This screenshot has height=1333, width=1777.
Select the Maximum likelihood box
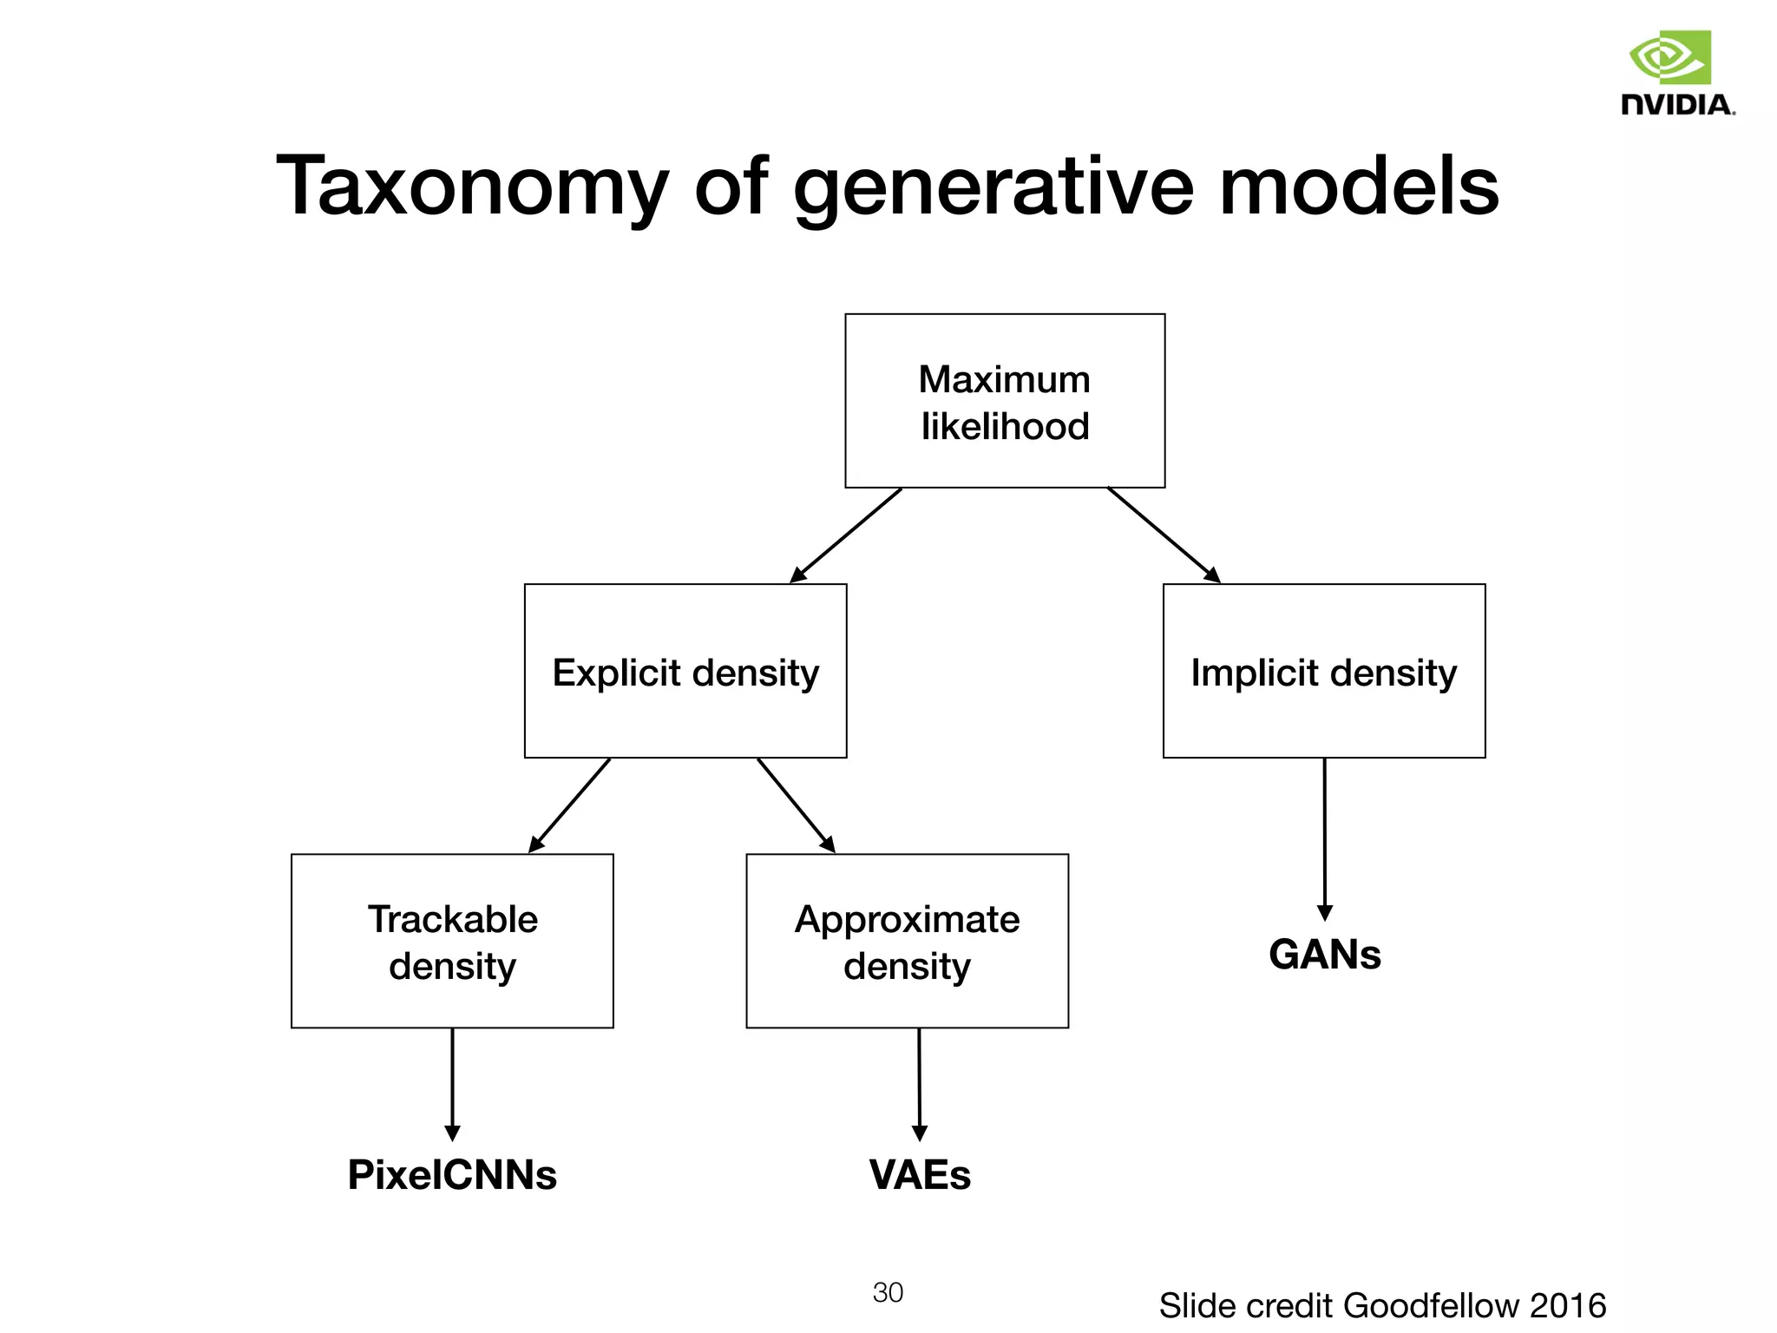tap(1005, 401)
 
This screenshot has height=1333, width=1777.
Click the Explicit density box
tap(685, 671)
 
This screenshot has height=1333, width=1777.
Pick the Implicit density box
tap(1324, 671)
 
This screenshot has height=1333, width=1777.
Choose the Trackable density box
tap(452, 942)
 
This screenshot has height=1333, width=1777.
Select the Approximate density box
tap(907, 942)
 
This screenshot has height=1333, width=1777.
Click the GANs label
tap(1324, 955)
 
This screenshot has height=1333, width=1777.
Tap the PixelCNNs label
tap(452, 1175)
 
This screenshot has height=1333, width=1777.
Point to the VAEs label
tap(920, 1175)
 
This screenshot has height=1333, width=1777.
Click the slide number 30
tap(888, 1292)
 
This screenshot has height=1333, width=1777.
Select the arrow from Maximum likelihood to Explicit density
tap(846, 535)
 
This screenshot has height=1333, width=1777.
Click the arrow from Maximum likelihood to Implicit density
tap(1163, 535)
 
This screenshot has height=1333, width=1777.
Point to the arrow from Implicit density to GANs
tap(1324, 837)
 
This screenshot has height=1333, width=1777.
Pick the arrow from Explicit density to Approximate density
tap(796, 805)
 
